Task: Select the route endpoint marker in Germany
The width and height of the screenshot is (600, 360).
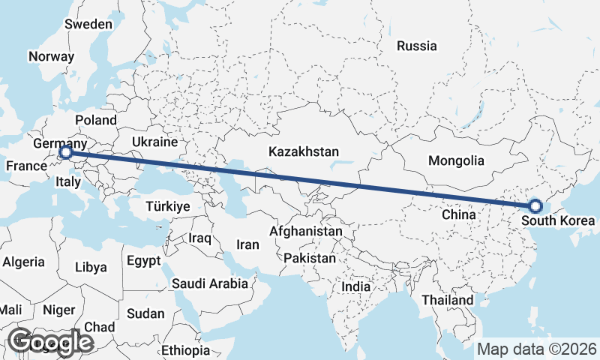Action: click(65, 153)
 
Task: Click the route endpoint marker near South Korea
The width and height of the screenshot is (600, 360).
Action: click(535, 205)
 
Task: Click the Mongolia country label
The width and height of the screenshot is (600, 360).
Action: click(456, 160)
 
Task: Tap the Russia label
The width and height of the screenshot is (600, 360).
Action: click(416, 46)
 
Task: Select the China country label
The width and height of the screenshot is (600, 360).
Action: click(459, 214)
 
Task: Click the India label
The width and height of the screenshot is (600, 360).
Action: click(355, 286)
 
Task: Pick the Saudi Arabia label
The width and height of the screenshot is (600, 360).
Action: click(209, 283)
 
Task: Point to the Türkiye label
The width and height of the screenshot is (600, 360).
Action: click(168, 206)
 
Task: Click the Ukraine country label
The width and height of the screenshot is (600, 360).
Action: click(154, 141)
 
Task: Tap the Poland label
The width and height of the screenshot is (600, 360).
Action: click(96, 120)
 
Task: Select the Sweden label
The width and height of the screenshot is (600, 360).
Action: click(88, 24)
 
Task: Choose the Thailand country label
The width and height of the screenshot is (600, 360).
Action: click(447, 300)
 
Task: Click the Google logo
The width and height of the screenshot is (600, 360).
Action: click(50, 342)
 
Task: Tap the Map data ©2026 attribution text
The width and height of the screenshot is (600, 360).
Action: click(536, 349)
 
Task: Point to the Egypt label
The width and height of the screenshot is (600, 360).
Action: click(144, 261)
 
